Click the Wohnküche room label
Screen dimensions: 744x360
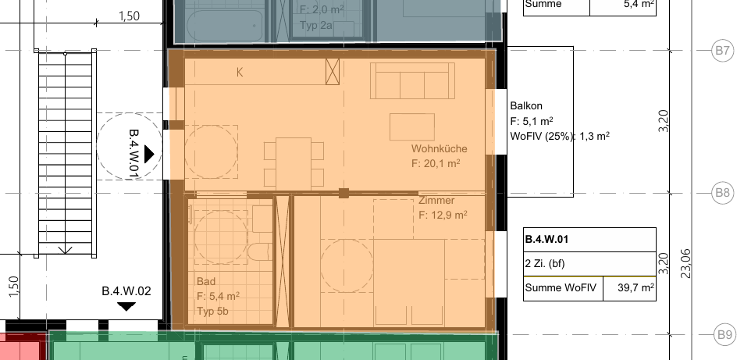[439, 148]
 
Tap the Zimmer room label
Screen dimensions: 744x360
[436, 201]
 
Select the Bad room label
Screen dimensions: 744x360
[205, 281]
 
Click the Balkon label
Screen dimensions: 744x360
[526, 106]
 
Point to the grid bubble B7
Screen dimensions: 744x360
[721, 50]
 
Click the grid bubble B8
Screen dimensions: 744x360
[722, 194]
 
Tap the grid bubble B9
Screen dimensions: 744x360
[724, 335]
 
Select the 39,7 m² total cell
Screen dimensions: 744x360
[630, 288]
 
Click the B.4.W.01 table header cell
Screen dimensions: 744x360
[589, 240]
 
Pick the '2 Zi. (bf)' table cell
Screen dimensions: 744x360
[589, 264]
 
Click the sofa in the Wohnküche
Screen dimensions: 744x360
[412, 80]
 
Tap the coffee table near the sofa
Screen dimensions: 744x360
[412, 127]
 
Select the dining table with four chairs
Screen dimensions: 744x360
[294, 163]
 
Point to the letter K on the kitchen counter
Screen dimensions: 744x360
[240, 73]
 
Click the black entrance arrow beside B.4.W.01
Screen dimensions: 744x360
[149, 154]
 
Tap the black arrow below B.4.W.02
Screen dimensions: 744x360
[126, 307]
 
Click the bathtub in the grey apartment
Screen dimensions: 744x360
[225, 26]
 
